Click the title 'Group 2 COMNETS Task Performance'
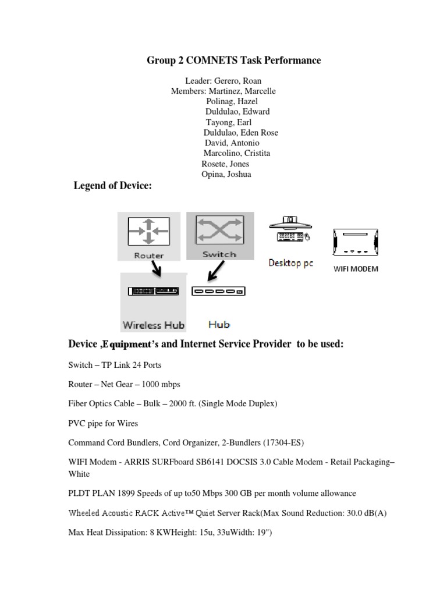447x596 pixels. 233,61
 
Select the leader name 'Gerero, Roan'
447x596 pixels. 237,81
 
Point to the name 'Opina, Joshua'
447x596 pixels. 226,174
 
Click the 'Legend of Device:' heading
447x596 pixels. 112,186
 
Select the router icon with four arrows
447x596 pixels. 149,231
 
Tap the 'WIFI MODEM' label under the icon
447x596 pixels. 355,269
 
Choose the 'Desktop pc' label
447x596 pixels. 290,263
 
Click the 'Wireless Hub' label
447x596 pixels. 153,325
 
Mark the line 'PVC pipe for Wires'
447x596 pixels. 103,423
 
